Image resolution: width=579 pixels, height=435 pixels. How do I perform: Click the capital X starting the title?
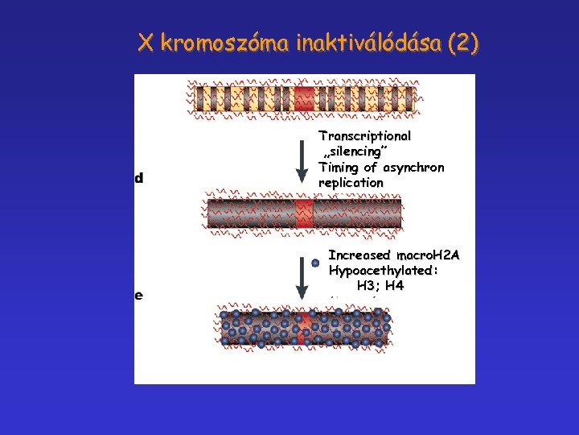pyautogui.click(x=146, y=43)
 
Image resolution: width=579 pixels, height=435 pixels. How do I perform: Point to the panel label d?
pyautogui.click(x=139, y=178)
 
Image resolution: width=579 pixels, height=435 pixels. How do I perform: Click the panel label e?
pyautogui.click(x=139, y=295)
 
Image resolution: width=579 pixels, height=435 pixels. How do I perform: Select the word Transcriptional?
pyautogui.click(x=364, y=136)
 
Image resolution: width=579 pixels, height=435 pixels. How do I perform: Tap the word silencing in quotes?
pyautogui.click(x=355, y=151)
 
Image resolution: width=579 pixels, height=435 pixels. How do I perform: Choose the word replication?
pyautogui.click(x=351, y=182)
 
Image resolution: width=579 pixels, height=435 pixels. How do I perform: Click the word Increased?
pyautogui.click(x=359, y=255)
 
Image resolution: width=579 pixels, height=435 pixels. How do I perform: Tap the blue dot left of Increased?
pyautogui.click(x=315, y=263)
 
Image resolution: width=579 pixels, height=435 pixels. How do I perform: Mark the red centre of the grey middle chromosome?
pyautogui.click(x=304, y=213)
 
